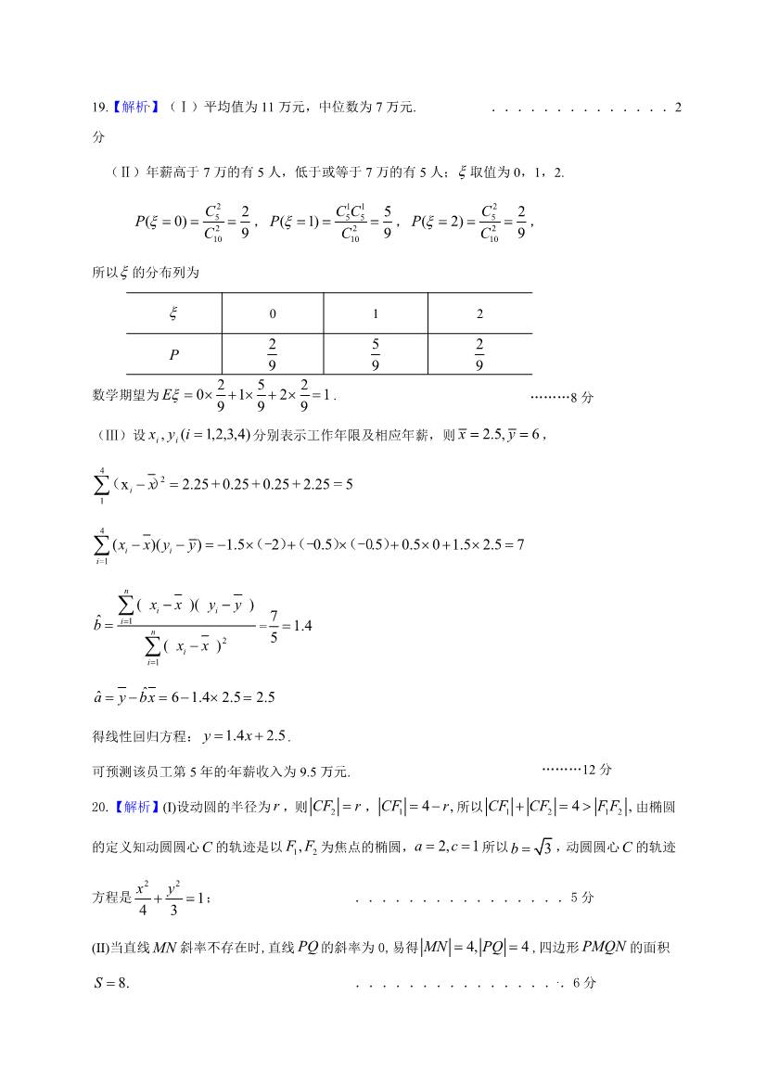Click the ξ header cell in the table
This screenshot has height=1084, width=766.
(172, 313)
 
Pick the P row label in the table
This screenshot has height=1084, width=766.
(173, 354)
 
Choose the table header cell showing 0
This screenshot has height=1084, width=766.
(272, 313)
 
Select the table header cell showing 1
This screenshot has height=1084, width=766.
(376, 313)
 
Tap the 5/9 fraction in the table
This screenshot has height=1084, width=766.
(376, 354)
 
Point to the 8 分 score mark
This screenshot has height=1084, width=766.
(579, 398)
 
